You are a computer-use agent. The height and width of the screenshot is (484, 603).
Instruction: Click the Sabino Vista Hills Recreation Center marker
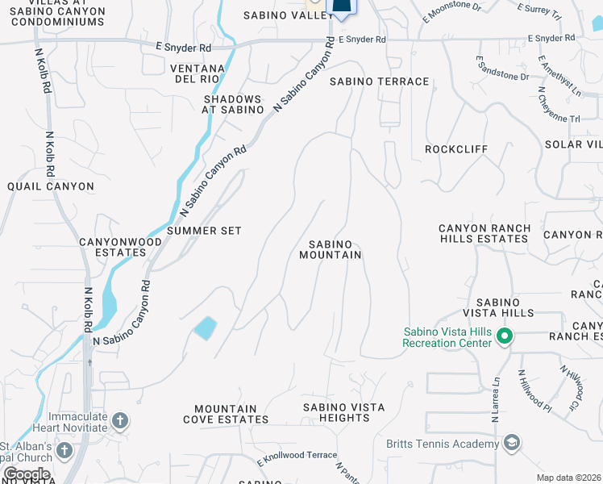(505, 336)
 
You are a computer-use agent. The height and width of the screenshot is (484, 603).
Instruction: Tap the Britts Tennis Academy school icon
(510, 443)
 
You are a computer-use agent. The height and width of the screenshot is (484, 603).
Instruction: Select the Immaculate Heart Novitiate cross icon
(119, 420)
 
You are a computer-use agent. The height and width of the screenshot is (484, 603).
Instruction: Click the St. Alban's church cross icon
(64, 450)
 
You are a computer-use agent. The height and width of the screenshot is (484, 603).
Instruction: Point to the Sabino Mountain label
(331, 249)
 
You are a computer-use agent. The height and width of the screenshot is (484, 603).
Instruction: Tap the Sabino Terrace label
(379, 81)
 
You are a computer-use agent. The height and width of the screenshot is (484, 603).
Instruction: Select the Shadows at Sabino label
(233, 103)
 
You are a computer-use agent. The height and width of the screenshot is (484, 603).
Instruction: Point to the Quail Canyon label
(51, 186)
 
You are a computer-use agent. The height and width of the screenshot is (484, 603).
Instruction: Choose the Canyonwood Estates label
(112, 247)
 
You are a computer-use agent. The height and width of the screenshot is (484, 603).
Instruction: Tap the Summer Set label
(204, 231)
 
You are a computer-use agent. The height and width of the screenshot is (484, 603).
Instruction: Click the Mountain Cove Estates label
(226, 414)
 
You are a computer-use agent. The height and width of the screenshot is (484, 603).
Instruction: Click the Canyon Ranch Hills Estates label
(484, 234)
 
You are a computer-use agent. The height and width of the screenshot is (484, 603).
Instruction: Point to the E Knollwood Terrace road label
(297, 457)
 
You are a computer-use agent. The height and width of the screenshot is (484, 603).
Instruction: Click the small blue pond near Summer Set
(205, 328)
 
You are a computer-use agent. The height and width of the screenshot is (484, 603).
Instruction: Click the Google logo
(26, 474)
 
